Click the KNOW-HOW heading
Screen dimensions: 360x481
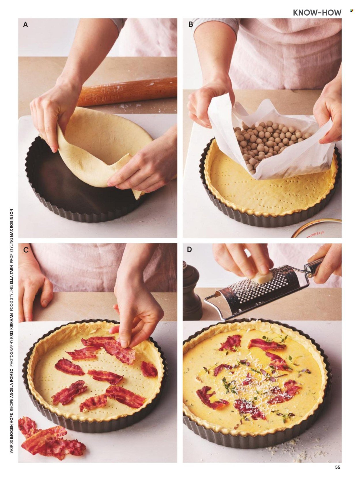tap(317, 13)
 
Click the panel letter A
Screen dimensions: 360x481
tap(25, 25)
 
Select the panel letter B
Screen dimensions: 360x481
tap(191, 24)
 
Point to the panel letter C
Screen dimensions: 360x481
tap(26, 250)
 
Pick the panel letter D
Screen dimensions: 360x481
tap(190, 249)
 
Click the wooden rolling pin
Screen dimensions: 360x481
tap(127, 92)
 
